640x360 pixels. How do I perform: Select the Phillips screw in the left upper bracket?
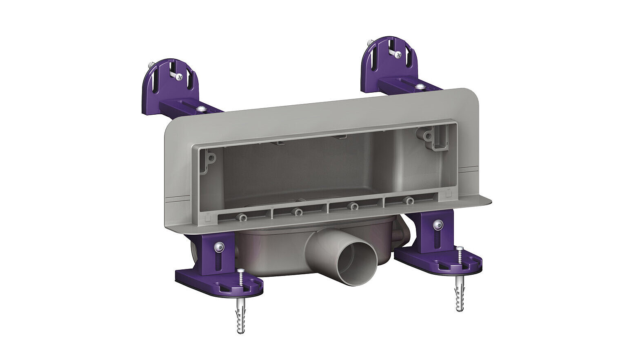pyautogui.click(x=178, y=76)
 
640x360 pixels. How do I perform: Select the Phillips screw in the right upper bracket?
pyautogui.click(x=397, y=54)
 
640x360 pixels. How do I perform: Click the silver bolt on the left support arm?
pyautogui.click(x=200, y=109)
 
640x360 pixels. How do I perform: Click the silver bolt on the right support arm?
pyautogui.click(x=419, y=86)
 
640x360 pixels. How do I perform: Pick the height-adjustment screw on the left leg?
pyautogui.click(x=219, y=246)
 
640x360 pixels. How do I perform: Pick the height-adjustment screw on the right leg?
pyautogui.click(x=438, y=224)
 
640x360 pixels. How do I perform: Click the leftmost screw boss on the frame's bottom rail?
pyautogui.click(x=243, y=218)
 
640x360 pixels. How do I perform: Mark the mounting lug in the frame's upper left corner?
pyautogui.click(x=211, y=158)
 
